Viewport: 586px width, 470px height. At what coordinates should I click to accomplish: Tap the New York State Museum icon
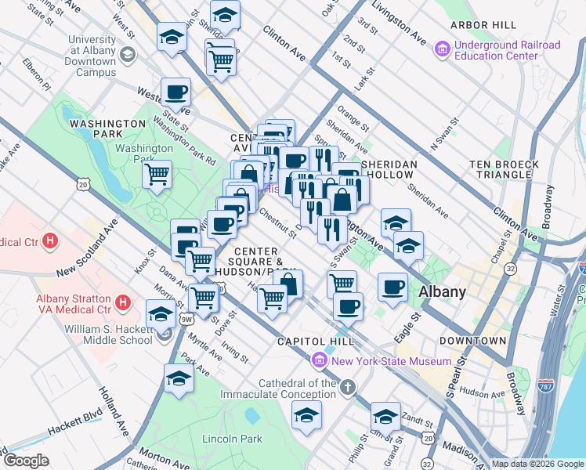(x=319, y=360)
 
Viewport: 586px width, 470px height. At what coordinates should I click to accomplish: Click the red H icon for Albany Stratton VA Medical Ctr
(x=123, y=302)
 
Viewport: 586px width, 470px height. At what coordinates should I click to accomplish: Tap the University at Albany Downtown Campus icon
(x=127, y=55)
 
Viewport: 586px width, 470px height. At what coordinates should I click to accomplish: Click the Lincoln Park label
(x=232, y=439)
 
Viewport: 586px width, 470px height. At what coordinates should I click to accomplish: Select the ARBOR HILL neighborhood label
(x=483, y=25)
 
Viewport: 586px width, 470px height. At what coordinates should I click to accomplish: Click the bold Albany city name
(x=443, y=291)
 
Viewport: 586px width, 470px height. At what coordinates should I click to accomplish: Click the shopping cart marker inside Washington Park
(x=157, y=173)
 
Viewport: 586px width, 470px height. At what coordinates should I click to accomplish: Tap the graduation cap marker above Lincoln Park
(x=179, y=378)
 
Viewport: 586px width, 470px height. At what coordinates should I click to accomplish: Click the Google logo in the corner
(x=26, y=461)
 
